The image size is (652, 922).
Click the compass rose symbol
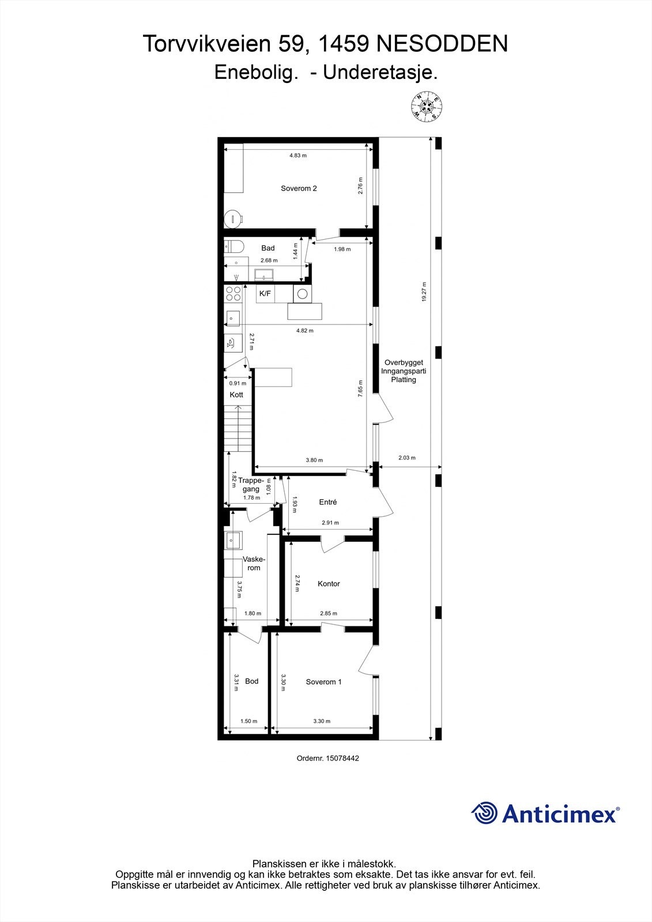coord(426,107)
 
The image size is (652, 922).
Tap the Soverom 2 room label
coord(299,188)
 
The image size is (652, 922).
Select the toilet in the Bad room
coord(233,247)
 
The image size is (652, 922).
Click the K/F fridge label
coord(265,294)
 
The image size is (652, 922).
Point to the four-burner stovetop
coord(233,294)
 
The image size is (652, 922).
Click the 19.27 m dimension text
coord(424,292)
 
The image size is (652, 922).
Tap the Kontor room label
coord(329,584)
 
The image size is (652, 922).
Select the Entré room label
coord(328,502)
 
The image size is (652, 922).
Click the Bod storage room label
coord(252,681)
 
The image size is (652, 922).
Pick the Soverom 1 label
coord(323,682)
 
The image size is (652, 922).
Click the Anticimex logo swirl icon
coord(484,813)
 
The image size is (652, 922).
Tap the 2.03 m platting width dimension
coord(406,458)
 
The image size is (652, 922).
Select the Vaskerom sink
coord(233,540)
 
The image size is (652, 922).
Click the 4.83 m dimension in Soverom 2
coord(297,156)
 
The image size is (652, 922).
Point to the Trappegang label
coord(251,485)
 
